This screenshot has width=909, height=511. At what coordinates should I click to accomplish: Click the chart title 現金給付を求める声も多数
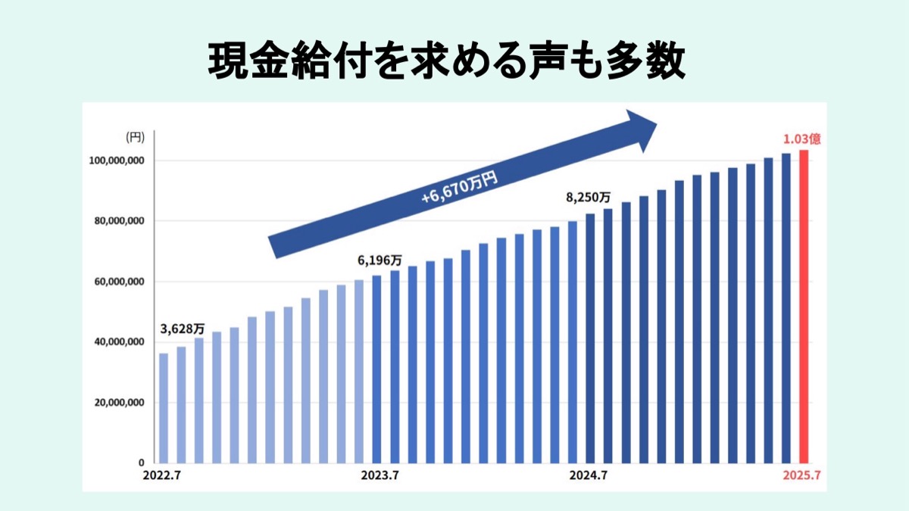447,61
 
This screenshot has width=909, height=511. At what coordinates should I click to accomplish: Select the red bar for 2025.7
804,303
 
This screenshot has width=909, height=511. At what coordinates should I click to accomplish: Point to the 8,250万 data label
588,198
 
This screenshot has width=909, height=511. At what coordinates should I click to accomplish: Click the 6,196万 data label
380,260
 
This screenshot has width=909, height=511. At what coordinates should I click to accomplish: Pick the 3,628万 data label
183,329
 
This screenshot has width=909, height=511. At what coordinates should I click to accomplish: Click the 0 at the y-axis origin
141,463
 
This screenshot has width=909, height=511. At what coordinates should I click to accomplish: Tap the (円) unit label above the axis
134,137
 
